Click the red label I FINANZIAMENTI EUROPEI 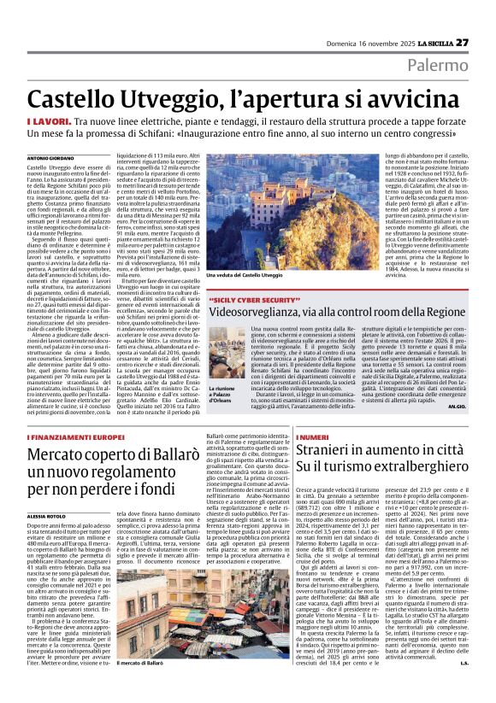point(75,436)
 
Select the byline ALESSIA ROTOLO point(49,516)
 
